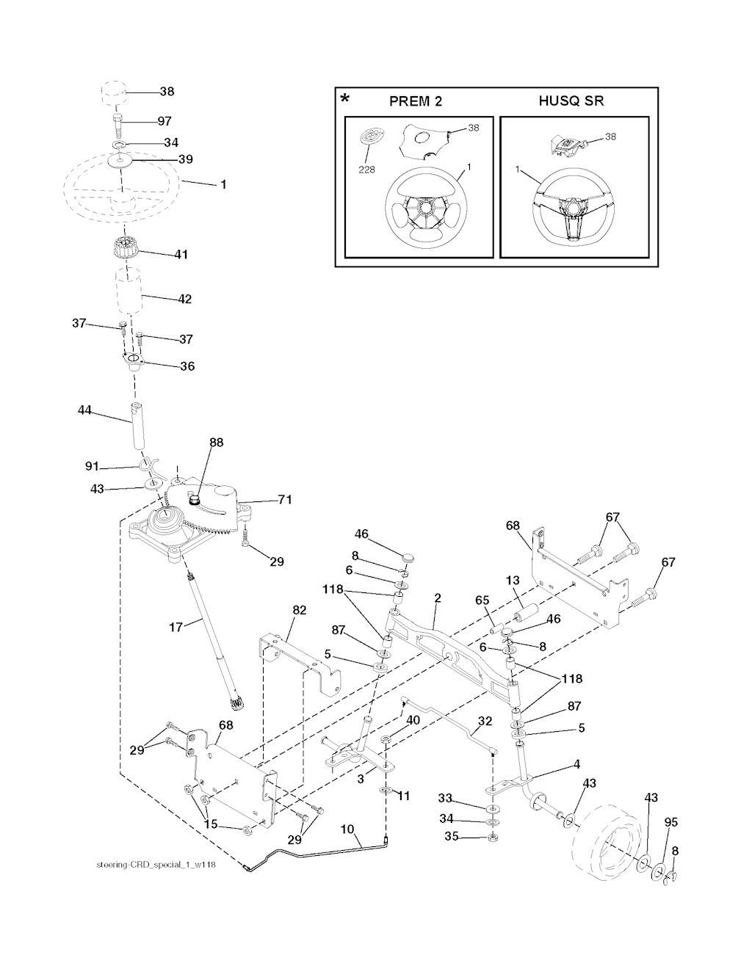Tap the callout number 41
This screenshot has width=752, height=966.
pos(181,255)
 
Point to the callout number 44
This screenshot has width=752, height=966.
pos(84,410)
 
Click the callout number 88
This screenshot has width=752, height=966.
pos(216,443)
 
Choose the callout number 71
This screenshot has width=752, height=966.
pos(285,500)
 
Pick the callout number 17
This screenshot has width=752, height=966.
pos(176,627)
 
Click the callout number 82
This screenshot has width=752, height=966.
pos(300,610)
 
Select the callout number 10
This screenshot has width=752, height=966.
pos(348,829)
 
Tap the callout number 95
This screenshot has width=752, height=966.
pos(671,823)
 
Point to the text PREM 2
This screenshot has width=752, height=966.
pos(416,101)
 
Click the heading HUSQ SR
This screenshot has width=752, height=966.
pos(571,101)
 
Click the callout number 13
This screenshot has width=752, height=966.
pos(513,581)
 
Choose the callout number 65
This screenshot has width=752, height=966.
pos(482,600)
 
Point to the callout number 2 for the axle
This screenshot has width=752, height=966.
pos(437,598)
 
